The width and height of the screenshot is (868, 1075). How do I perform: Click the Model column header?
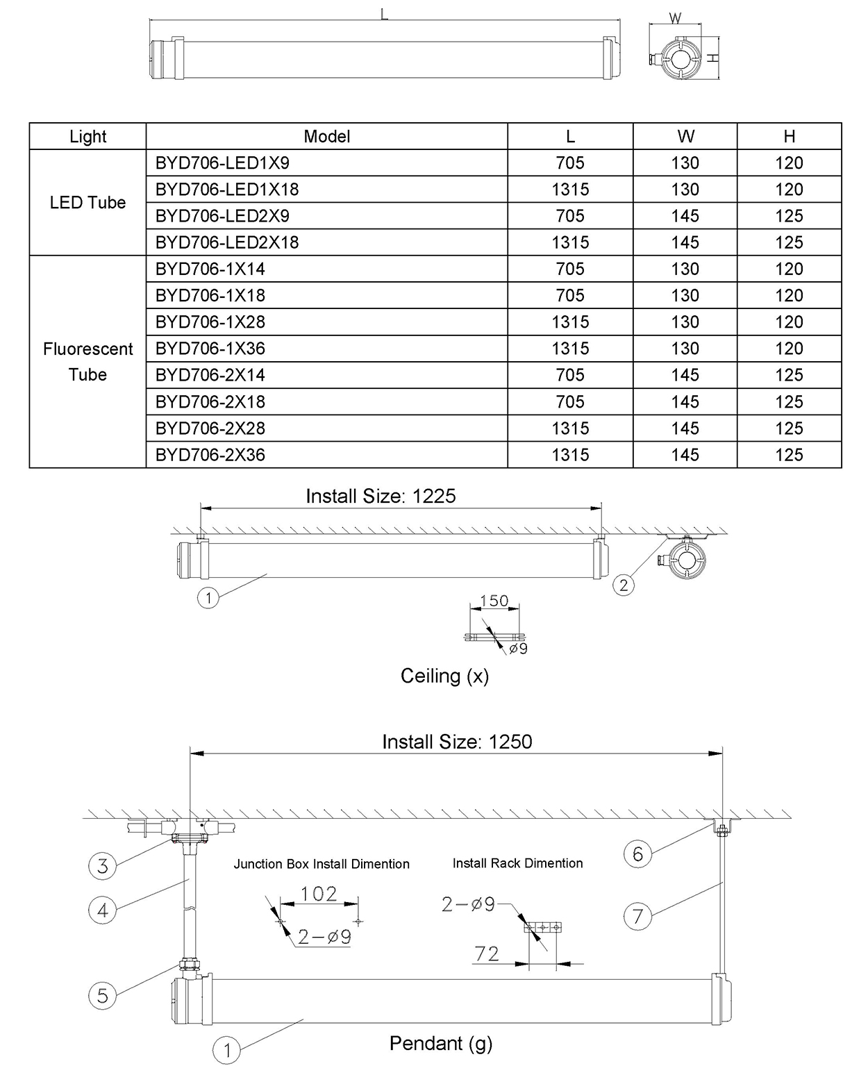point(326,137)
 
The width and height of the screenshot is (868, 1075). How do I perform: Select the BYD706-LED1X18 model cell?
point(227,190)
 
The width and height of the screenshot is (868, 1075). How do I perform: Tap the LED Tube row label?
point(87,203)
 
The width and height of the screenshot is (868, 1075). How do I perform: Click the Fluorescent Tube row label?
point(87,362)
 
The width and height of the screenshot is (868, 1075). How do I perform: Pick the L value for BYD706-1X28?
point(570,322)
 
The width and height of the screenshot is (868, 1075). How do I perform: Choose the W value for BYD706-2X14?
point(685,375)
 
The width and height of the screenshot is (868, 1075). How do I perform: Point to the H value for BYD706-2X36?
point(789,455)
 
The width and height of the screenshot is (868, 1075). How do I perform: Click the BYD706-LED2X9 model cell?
point(222,216)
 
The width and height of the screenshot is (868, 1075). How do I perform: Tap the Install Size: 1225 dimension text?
point(381,496)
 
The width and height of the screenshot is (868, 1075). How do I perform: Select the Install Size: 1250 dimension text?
point(457,742)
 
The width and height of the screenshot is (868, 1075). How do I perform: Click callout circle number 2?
point(624,585)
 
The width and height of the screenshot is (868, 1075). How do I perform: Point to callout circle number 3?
point(103,865)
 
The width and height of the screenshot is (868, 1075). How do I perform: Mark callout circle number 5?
point(103,996)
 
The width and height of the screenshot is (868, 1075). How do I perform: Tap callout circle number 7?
point(637,917)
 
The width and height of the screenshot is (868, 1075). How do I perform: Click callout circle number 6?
point(637,853)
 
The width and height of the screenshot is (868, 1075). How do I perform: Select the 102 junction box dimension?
point(319,894)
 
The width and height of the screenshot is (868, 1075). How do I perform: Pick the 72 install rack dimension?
point(487,953)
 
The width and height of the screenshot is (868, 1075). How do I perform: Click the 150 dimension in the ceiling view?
point(494,601)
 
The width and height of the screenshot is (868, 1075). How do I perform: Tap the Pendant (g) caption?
point(441,1043)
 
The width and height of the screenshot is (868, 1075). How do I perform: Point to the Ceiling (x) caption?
point(444,676)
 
